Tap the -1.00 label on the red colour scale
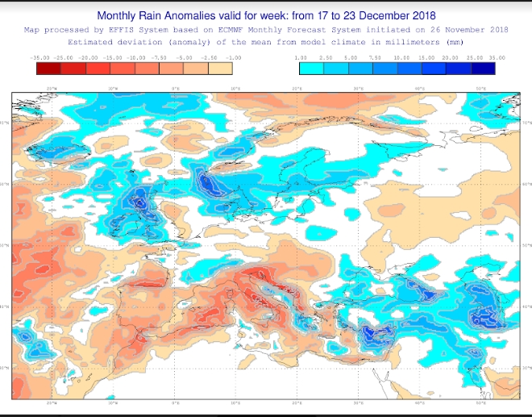coord(235,58)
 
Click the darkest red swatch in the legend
coord(48,69)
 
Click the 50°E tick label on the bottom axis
coord(481,404)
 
